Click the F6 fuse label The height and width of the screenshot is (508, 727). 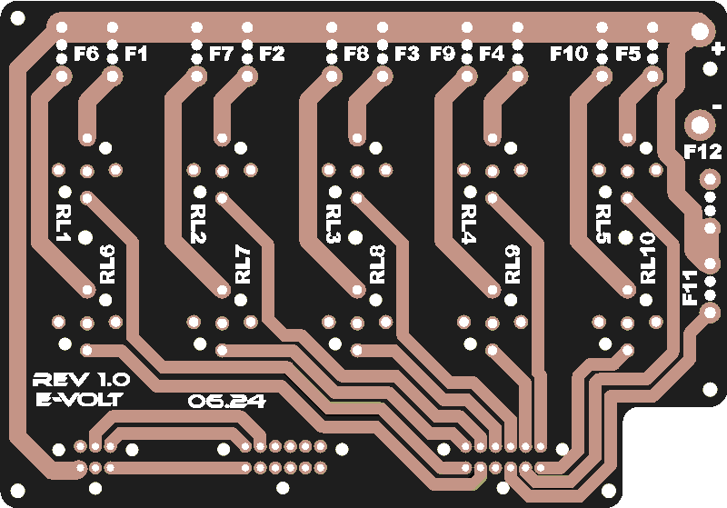[x=86, y=54]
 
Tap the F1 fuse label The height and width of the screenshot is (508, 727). [x=135, y=54]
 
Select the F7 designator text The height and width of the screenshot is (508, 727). [x=221, y=54]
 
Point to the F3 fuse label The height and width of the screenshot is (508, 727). [x=406, y=54]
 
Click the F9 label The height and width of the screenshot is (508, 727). [x=443, y=54]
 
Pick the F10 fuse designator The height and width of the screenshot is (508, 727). [x=569, y=54]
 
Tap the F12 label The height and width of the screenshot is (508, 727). [x=702, y=151]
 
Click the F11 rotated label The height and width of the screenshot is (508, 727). [x=691, y=288]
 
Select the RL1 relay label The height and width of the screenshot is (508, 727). [x=62, y=223]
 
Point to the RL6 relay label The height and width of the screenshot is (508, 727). [x=107, y=264]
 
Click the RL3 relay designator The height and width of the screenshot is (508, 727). [x=333, y=224]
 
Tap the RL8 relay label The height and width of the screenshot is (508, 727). [x=378, y=264]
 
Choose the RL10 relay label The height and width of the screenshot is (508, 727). [x=648, y=258]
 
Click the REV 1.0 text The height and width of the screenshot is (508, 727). [x=82, y=380]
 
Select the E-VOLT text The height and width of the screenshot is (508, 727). [x=80, y=399]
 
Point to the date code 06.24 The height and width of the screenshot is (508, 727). [x=227, y=401]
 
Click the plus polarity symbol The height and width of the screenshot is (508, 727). [x=718, y=48]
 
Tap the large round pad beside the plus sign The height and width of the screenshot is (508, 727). [x=700, y=31]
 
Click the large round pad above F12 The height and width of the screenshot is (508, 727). [x=700, y=125]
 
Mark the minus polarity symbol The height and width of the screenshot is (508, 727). [x=717, y=107]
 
